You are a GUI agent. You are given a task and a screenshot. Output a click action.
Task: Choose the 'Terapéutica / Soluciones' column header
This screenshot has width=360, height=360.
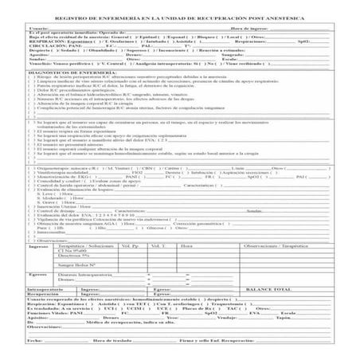pos(87,248)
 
